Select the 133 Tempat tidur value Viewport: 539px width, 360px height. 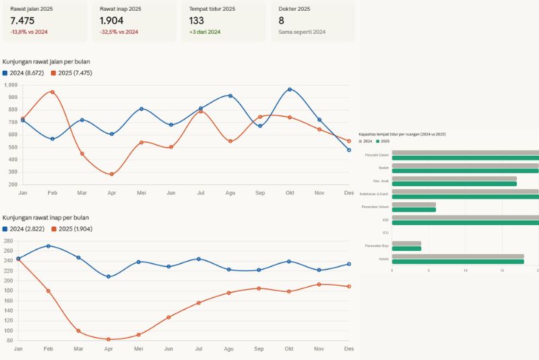197,20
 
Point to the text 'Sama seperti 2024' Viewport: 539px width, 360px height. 302,32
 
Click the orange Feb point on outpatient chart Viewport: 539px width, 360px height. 53,92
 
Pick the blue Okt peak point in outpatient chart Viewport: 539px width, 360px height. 290,90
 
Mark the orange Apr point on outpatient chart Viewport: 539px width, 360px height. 112,175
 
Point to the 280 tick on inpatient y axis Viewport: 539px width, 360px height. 8,241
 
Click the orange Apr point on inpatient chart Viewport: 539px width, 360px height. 108,339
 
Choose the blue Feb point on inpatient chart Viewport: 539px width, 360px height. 48,246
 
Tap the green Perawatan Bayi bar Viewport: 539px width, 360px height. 406,249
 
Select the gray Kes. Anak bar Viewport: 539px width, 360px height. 454,179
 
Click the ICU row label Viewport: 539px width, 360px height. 385,233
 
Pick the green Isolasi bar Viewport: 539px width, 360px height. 457,262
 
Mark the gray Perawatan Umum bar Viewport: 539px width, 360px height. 414,204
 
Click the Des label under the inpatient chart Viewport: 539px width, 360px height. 349,349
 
